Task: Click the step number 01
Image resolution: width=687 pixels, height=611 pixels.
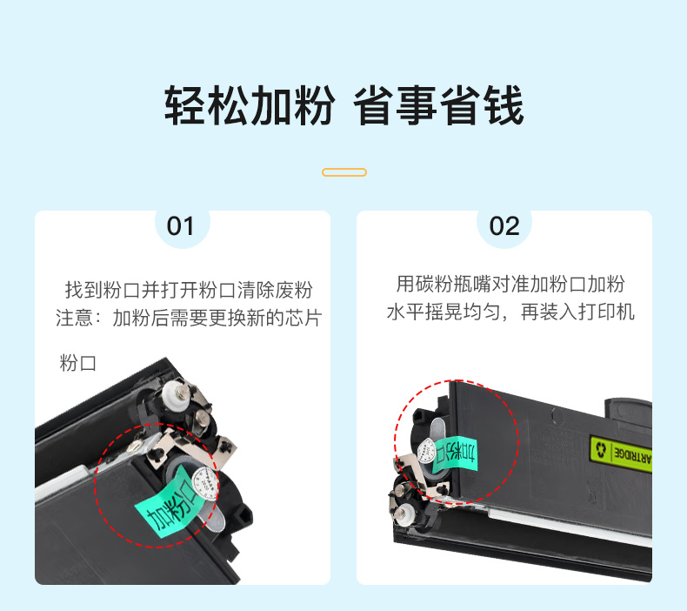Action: (x=180, y=226)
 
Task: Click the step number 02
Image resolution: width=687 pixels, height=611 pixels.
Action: (x=504, y=226)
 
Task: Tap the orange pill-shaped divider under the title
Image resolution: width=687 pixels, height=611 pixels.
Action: (x=344, y=172)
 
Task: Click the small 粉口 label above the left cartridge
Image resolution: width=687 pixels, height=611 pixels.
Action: (x=77, y=364)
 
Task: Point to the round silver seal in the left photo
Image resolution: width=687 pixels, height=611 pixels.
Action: (x=205, y=483)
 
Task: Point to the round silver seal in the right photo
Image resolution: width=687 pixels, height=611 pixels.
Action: (x=426, y=451)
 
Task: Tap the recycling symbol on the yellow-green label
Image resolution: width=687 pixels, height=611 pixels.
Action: (x=601, y=449)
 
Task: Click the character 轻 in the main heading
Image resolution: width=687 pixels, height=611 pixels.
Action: (x=185, y=105)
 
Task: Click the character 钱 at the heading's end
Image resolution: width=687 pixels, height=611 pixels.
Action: (x=504, y=105)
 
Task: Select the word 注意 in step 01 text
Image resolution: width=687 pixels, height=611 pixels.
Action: (x=74, y=318)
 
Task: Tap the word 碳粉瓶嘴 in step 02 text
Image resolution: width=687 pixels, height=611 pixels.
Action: (x=452, y=284)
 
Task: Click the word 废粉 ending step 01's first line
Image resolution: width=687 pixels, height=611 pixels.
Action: (x=294, y=290)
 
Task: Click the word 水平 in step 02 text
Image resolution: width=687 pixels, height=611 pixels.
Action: (x=406, y=312)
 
